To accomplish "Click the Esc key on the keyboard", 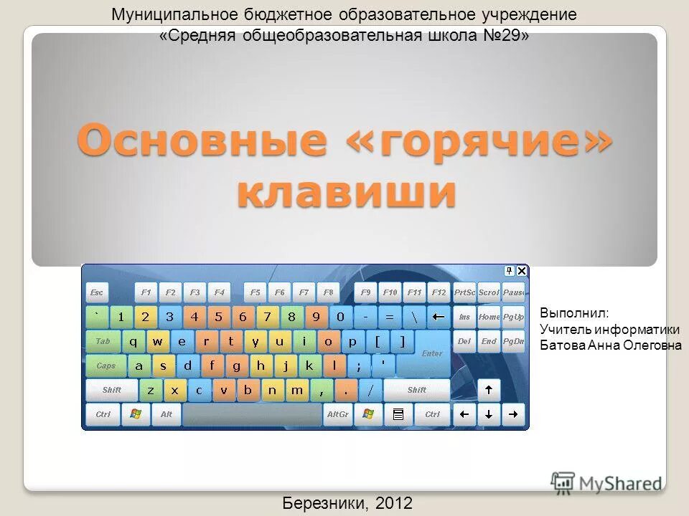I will tap(97, 292).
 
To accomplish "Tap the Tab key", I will tap(103, 341).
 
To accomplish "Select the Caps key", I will tap(106, 365).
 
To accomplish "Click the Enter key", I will tap(432, 353).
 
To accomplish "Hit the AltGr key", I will tap(337, 414).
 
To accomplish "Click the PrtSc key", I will tap(464, 292).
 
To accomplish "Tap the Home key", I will tap(489, 317).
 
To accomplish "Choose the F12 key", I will tap(439, 292).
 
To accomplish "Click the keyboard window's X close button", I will tap(522, 271).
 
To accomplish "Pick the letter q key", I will tap(133, 341).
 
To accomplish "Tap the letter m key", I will tap(296, 390).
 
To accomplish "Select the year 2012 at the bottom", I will tap(393, 502).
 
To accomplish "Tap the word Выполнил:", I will tap(573, 314).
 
